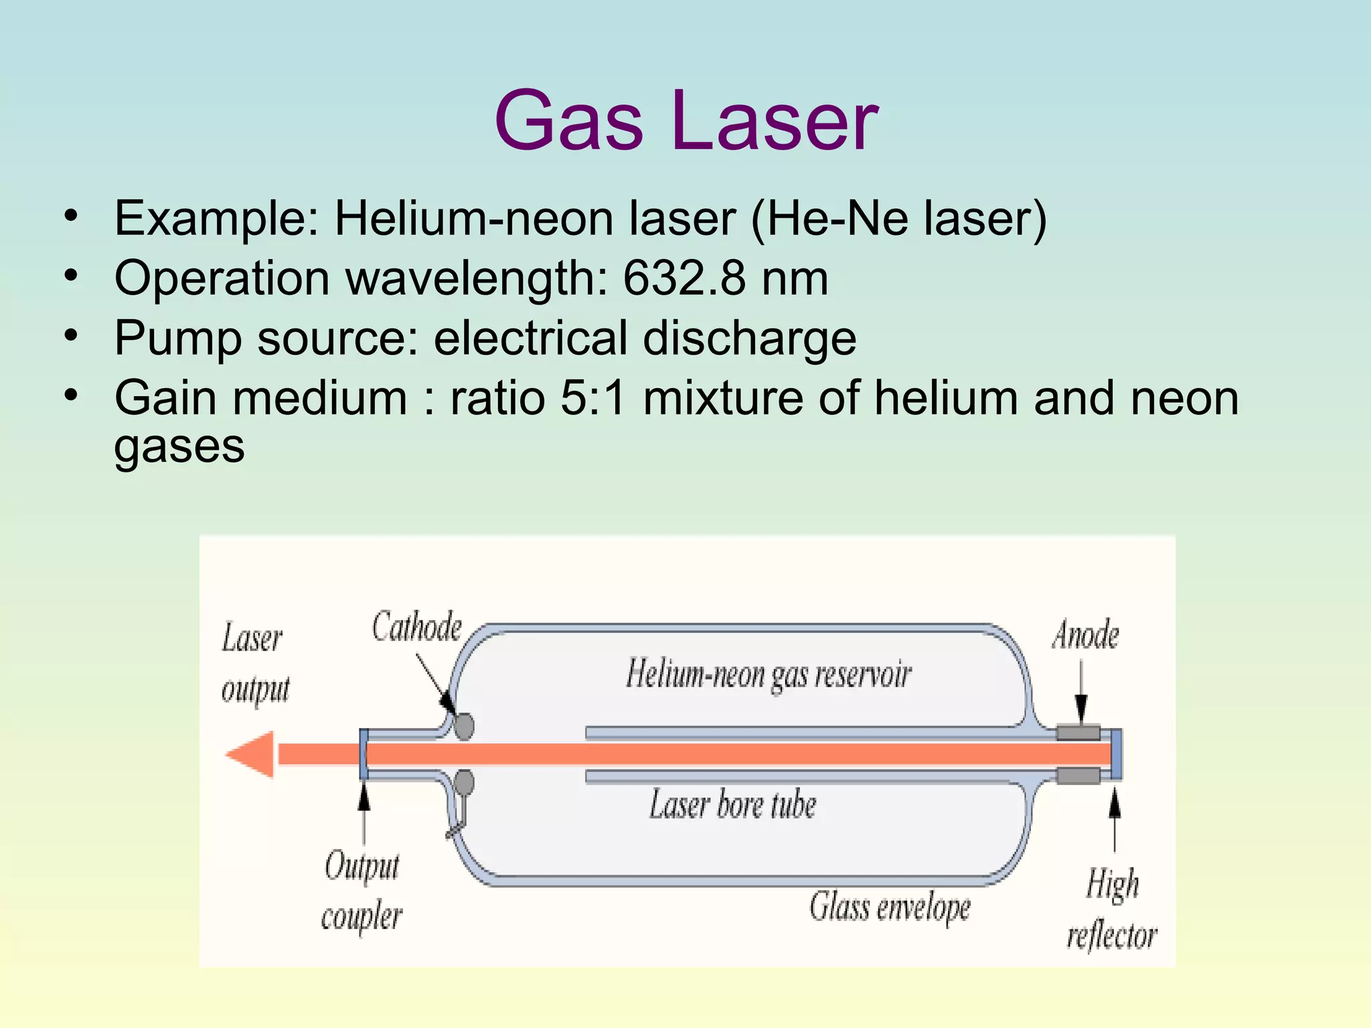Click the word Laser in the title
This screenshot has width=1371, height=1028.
click(771, 122)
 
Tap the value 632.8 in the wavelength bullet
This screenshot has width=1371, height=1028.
click(683, 278)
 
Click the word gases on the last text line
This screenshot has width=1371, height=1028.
click(179, 447)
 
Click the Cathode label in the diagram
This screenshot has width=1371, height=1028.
click(416, 627)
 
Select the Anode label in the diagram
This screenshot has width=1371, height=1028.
click(1085, 635)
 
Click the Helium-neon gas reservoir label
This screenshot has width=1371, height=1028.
click(769, 675)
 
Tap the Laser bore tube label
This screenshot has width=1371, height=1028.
click(732, 804)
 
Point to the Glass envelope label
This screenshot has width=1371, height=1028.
click(890, 908)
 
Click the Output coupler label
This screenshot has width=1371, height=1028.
click(361, 891)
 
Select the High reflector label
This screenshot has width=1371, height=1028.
click(1112, 910)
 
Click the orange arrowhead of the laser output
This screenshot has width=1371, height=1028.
click(251, 754)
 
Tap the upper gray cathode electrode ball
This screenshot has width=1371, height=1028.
click(464, 725)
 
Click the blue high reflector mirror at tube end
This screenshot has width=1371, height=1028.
click(1116, 754)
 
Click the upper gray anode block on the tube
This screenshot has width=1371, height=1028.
click(1078, 732)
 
